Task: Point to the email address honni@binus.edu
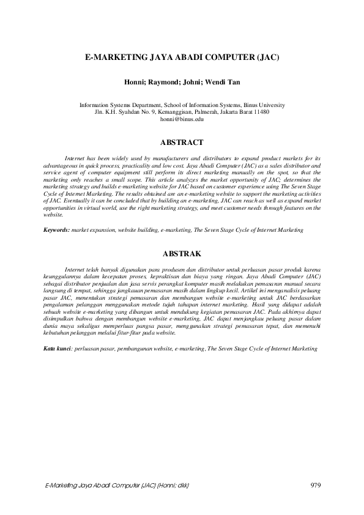pyautogui.click(x=182, y=119)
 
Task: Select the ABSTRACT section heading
pyautogui.click(x=182, y=143)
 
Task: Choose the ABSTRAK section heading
pyautogui.click(x=182, y=253)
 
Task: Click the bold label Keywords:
pyautogui.click(x=56, y=230)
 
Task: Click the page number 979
pyautogui.click(x=316, y=485)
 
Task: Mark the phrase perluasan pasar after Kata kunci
pyautogui.click(x=92, y=348)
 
